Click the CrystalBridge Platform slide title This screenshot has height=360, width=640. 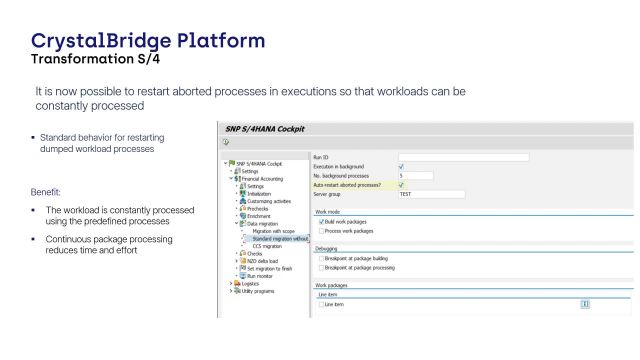149,41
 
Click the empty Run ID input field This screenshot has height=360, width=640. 463,157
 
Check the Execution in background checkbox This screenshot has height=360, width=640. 401,166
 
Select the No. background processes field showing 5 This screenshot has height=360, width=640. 414,175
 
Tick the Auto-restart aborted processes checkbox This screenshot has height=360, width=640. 401,184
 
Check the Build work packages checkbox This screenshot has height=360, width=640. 320,221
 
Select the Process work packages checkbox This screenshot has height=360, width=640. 320,230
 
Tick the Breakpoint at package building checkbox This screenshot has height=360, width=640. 320,258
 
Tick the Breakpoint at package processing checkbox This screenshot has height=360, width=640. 320,267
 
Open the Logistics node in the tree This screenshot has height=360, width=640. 251,283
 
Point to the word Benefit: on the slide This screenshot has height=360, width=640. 47,190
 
